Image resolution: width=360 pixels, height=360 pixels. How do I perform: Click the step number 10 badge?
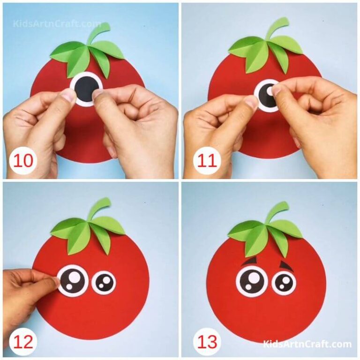[22, 161]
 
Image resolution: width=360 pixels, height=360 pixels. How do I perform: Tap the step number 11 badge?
[207, 161]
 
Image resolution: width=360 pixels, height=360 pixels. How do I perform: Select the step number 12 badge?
[22, 342]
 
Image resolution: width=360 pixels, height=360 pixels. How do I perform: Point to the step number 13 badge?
[207, 342]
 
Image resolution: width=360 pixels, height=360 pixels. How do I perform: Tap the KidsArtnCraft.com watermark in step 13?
[307, 345]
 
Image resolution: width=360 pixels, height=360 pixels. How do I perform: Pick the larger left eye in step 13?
[252, 281]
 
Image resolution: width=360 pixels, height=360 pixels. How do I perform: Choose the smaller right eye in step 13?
[284, 282]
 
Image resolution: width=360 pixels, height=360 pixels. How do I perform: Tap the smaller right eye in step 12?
[104, 282]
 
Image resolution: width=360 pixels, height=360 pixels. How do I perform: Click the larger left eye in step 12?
[73, 281]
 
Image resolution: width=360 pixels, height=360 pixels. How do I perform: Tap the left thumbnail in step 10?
[68, 95]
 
